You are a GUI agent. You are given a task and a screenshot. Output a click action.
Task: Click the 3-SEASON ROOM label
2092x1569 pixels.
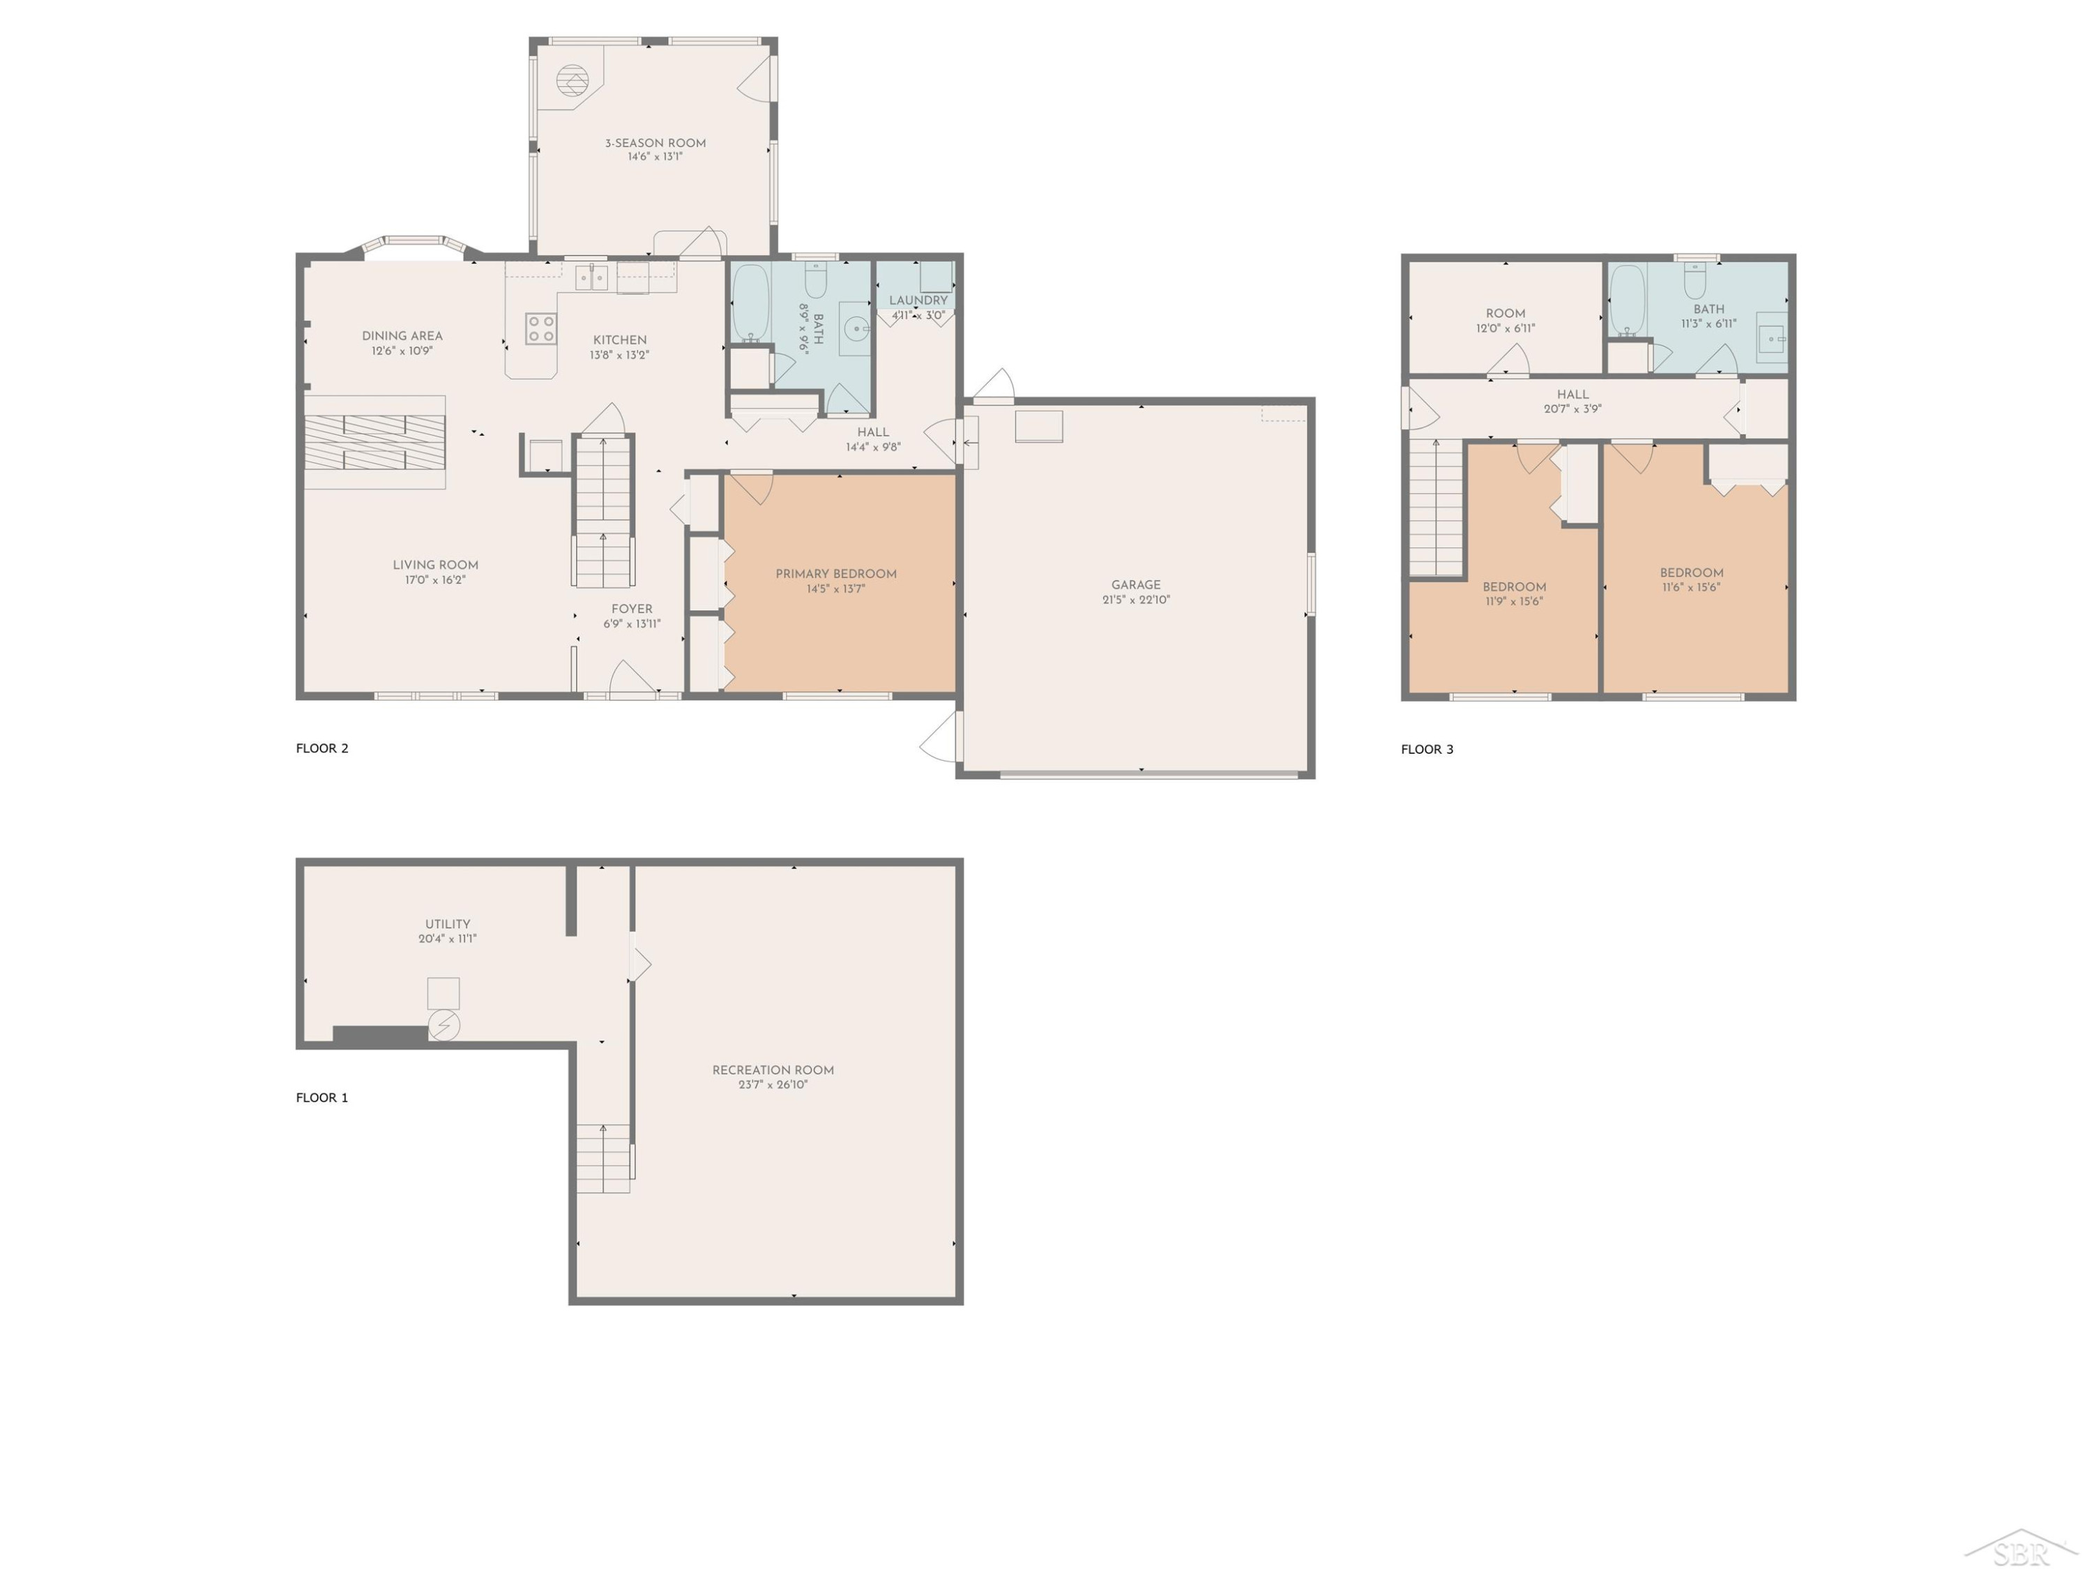pyautogui.click(x=655, y=144)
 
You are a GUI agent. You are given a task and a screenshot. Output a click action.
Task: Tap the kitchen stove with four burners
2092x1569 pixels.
pyautogui.click(x=541, y=329)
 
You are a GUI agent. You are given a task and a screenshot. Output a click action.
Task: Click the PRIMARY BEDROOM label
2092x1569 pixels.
pyautogui.click(x=836, y=574)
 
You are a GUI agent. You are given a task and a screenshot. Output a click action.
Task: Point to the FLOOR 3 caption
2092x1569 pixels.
pyautogui.click(x=1427, y=749)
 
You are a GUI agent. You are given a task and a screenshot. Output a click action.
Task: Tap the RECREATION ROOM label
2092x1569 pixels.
pyautogui.click(x=773, y=1070)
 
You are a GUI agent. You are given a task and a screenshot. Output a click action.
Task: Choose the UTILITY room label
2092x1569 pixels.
pyautogui.click(x=448, y=924)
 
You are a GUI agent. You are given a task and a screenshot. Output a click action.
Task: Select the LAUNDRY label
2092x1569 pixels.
pyautogui.click(x=918, y=301)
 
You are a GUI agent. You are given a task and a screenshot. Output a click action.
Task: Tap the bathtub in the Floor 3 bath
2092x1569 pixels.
pyautogui.click(x=1628, y=301)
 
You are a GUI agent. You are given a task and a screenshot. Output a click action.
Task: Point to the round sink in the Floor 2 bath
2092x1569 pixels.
pyautogui.click(x=857, y=329)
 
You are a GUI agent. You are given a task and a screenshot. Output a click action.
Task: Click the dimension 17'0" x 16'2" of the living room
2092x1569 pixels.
pyautogui.click(x=435, y=579)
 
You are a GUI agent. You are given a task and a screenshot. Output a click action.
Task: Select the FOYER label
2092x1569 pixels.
pyautogui.click(x=632, y=609)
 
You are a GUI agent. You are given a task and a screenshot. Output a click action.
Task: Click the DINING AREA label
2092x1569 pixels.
pyautogui.click(x=402, y=335)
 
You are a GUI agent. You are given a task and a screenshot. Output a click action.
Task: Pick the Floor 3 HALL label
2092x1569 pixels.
pyautogui.click(x=1572, y=395)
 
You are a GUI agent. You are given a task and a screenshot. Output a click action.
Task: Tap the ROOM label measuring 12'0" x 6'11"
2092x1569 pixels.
pyautogui.click(x=1506, y=313)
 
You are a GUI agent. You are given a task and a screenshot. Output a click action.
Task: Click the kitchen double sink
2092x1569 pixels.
pyautogui.click(x=592, y=277)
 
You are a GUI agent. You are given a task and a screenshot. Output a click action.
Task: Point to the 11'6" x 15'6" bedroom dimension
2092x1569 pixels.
pyautogui.click(x=1692, y=587)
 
